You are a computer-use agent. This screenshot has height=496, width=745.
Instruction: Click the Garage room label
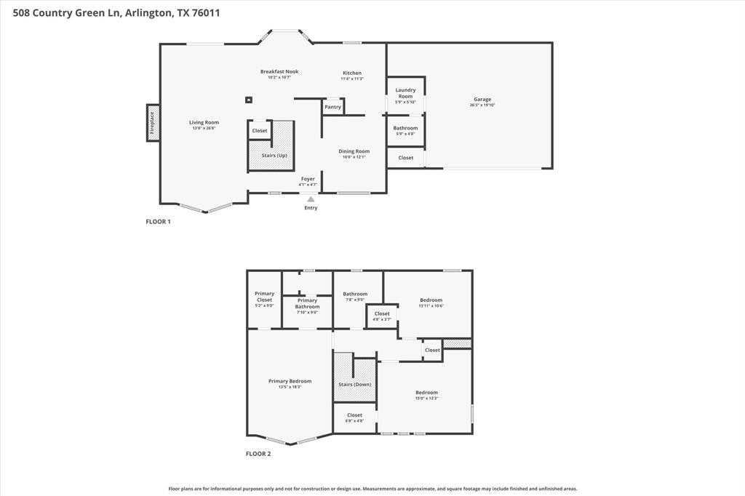(482, 100)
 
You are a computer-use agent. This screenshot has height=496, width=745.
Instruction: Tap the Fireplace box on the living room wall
(153, 122)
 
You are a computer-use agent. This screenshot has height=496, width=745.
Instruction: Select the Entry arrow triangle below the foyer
(311, 199)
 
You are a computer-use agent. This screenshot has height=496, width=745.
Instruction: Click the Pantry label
(332, 107)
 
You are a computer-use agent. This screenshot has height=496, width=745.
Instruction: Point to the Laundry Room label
(405, 93)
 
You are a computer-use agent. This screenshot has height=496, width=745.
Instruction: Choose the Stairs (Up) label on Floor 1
(274, 155)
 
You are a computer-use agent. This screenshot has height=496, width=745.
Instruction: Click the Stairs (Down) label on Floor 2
(355, 384)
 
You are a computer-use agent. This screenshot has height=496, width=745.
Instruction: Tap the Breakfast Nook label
(279, 71)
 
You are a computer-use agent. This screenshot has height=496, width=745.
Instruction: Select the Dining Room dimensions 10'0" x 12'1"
(354, 157)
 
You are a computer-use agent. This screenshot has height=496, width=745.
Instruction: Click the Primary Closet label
(264, 297)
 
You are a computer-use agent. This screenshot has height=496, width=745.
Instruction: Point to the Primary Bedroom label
(290, 381)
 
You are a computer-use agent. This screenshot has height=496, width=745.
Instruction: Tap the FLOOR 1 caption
(158, 222)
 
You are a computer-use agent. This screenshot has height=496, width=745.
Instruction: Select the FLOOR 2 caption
(258, 454)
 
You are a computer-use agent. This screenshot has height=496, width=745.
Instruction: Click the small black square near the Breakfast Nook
(248, 100)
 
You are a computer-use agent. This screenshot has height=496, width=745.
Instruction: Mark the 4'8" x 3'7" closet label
(382, 316)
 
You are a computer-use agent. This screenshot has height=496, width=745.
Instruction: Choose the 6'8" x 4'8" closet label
(354, 417)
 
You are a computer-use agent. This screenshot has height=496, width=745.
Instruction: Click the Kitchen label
(352, 73)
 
